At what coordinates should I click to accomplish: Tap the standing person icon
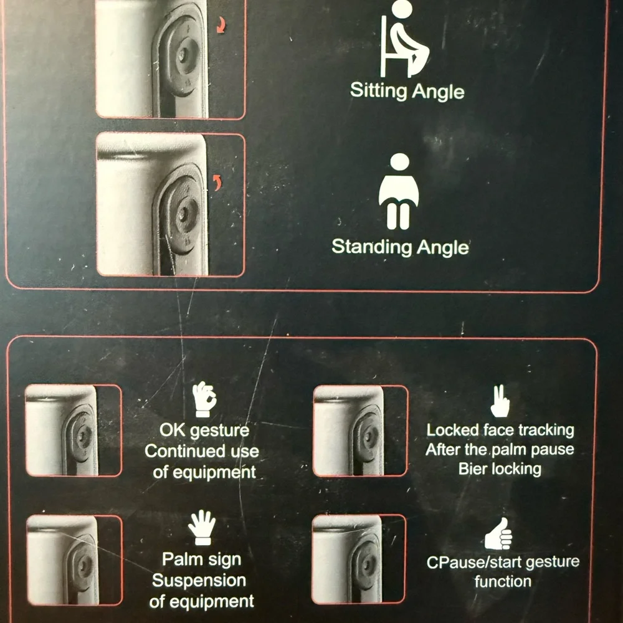coord(399,191)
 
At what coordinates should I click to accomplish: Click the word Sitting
coord(379,91)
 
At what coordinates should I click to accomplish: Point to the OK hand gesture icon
coord(204,399)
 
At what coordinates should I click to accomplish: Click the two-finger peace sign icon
coord(500,401)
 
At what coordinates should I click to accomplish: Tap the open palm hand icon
coord(202,528)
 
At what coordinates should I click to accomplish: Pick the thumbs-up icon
coord(499,534)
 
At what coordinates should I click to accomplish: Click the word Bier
coord(472,469)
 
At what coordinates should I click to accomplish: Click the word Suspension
coord(199,581)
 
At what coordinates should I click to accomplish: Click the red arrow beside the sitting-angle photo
coord(221,26)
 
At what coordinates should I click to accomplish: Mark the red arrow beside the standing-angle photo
coord(217,183)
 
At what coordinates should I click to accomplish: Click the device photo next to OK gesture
coord(74,430)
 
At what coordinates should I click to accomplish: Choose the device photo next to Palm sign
coord(74,560)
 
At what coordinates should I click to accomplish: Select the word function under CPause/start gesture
coord(503,582)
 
